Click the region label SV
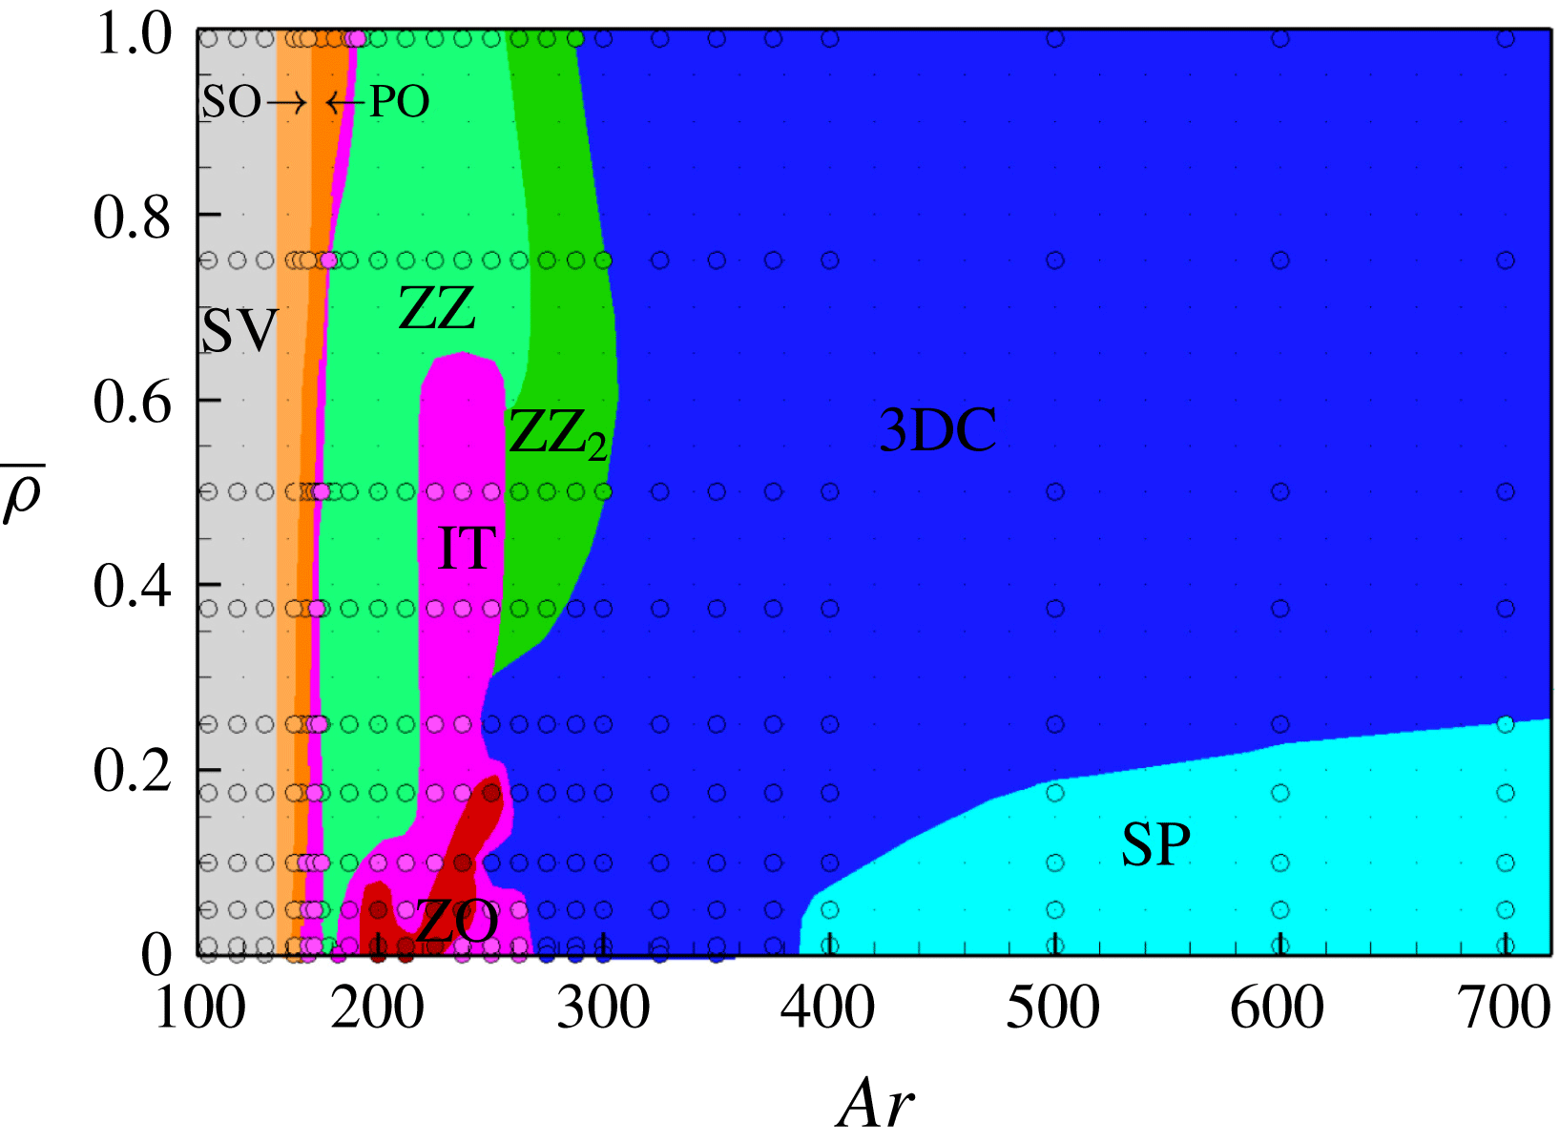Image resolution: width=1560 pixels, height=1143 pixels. tap(239, 331)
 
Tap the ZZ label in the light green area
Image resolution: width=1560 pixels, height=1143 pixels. tap(436, 308)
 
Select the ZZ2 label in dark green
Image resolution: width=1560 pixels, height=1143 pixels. tap(557, 434)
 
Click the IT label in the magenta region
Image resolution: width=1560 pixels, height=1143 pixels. tap(467, 549)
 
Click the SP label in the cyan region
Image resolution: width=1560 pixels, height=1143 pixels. tap(1155, 844)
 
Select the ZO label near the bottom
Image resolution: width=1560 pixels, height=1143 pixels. tap(457, 923)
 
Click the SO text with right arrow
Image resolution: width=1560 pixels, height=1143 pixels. tap(253, 102)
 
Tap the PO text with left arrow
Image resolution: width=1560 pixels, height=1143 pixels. tap(379, 102)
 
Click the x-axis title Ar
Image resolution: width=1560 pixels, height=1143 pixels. tap(875, 1105)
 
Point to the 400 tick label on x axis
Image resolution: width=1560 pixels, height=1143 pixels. tap(827, 1008)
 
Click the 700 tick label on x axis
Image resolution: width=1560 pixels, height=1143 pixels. tap(1505, 1008)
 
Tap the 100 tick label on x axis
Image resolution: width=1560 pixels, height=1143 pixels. tap(199, 1008)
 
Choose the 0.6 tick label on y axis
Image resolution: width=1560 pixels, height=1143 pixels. tap(132, 402)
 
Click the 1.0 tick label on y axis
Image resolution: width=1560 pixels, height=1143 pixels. tap(132, 36)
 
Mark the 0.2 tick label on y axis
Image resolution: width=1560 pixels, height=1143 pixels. tap(132, 771)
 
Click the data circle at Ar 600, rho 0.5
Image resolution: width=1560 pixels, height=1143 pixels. tap(1280, 492)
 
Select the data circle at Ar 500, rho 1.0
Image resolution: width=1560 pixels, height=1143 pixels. tap(1055, 39)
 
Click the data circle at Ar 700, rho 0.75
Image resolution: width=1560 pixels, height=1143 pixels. tap(1506, 260)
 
